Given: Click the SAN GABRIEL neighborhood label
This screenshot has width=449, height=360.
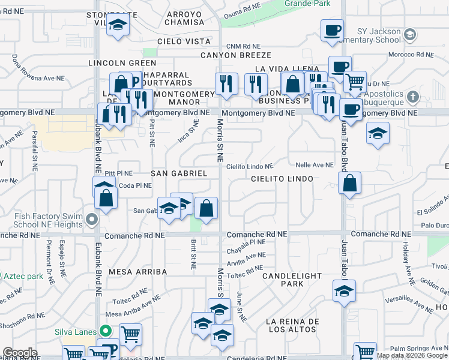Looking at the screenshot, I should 178,173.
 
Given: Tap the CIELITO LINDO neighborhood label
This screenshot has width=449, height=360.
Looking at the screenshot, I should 282,179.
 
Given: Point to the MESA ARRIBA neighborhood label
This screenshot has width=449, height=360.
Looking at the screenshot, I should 137,272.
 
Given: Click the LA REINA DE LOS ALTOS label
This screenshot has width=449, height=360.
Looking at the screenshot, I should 292,325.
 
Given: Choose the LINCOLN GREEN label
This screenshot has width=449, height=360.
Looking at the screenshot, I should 122,62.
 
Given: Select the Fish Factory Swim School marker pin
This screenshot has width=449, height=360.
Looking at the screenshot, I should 91,220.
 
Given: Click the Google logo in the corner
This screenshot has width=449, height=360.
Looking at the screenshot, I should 20,353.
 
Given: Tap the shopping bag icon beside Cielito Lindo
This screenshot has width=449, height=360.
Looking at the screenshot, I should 349,182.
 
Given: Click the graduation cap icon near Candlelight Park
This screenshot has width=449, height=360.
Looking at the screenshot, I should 343,292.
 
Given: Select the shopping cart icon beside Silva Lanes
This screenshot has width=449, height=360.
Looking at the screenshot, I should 130,334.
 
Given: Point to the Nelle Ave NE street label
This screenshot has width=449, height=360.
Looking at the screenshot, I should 314,165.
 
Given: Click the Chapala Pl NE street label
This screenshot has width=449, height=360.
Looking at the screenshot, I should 246,242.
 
